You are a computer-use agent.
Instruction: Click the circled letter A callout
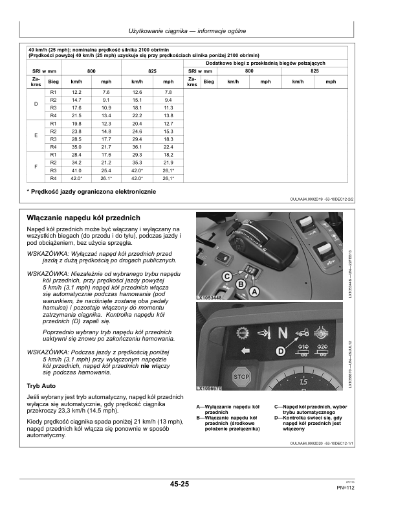click(254, 292)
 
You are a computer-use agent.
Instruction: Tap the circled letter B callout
click(241, 284)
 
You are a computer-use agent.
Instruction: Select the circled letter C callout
click(227, 277)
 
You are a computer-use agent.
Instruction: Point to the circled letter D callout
click(281, 351)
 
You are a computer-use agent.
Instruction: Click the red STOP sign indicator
click(241, 376)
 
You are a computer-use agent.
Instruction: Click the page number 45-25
click(179, 484)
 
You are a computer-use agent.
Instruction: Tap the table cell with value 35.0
click(76, 147)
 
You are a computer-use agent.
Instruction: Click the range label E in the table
click(36, 135)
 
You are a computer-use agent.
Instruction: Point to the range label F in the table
click(36, 166)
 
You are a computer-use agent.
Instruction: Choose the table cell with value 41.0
click(76, 170)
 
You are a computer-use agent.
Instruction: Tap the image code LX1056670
click(209, 388)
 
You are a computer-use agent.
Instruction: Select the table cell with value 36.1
click(137, 147)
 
